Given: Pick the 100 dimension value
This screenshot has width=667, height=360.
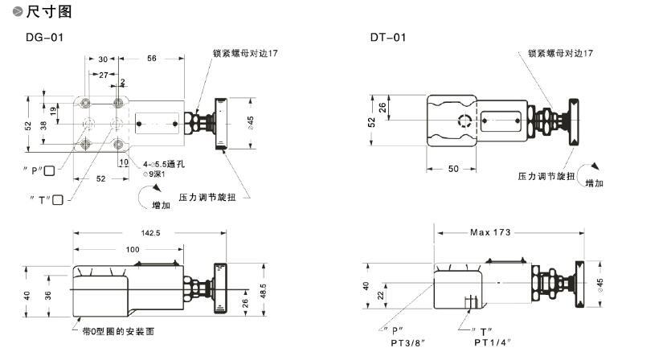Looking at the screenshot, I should coord(131,249).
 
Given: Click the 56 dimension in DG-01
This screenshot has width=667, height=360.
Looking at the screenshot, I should coord(151,59).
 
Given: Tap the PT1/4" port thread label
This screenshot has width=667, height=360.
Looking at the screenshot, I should coord(493,342).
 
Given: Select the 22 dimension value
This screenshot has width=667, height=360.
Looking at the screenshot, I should coord(380,295).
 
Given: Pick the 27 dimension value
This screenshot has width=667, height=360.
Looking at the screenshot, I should coord(104,74).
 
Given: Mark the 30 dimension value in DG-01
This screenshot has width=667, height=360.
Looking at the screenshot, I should coord(103,59).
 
